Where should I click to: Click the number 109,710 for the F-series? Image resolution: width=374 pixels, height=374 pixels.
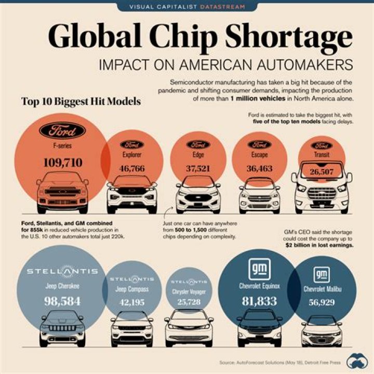click(62, 163)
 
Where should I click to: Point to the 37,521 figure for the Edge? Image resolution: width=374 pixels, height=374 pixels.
click(198, 168)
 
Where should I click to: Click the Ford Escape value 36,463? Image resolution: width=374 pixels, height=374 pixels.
click(259, 168)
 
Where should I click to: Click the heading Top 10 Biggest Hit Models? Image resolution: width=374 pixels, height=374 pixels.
click(81, 102)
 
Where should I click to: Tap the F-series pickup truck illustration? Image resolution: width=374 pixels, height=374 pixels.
click(62, 192)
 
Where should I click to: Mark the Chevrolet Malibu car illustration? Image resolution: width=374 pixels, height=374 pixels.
click(322, 330)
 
